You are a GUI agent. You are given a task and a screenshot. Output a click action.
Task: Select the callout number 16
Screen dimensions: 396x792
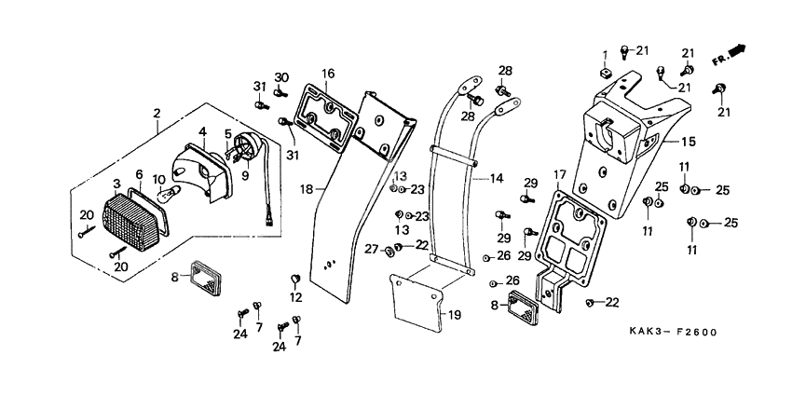pyautogui.click(x=329, y=74)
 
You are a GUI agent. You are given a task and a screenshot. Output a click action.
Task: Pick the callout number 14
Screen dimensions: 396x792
pyautogui.click(x=496, y=177)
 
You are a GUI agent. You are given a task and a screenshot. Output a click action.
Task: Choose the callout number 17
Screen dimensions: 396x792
pyautogui.click(x=559, y=174)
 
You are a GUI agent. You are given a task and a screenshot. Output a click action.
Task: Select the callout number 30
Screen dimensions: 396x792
pyautogui.click(x=281, y=76)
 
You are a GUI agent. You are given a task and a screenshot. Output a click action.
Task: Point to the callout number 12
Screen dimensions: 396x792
pyautogui.click(x=296, y=298)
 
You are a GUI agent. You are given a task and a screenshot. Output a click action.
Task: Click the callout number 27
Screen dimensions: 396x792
pyautogui.click(x=372, y=249)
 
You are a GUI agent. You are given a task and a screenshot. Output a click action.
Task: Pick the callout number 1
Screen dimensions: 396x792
pyautogui.click(x=604, y=53)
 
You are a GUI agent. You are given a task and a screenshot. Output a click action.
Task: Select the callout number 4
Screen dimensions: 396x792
pyautogui.click(x=202, y=132)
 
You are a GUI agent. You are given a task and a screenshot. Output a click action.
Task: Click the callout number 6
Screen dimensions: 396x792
pyautogui.click(x=139, y=174)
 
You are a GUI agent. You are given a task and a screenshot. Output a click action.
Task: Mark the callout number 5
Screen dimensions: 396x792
pyautogui.click(x=228, y=134)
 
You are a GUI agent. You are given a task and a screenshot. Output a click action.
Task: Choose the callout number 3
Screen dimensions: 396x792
pyautogui.click(x=116, y=183)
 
